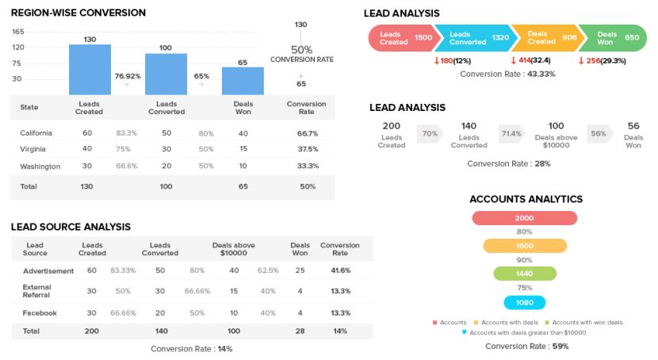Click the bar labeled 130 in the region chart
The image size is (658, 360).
pos(90,70)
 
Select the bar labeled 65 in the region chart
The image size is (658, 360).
pos(243,81)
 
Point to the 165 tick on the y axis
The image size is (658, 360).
pos(18,32)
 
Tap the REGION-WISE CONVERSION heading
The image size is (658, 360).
pos(78,13)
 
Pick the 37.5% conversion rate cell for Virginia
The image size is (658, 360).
pos(307,149)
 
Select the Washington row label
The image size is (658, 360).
pos(40,167)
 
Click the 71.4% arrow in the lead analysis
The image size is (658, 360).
pos(511,134)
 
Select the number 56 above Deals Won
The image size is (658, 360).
pos(633,126)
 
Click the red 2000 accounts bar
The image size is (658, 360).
pos(524,218)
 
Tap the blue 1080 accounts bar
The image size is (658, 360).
pos(524,303)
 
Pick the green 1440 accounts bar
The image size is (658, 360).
pos(524,274)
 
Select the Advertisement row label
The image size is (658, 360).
pos(48,270)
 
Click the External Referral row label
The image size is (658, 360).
pos(37,292)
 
